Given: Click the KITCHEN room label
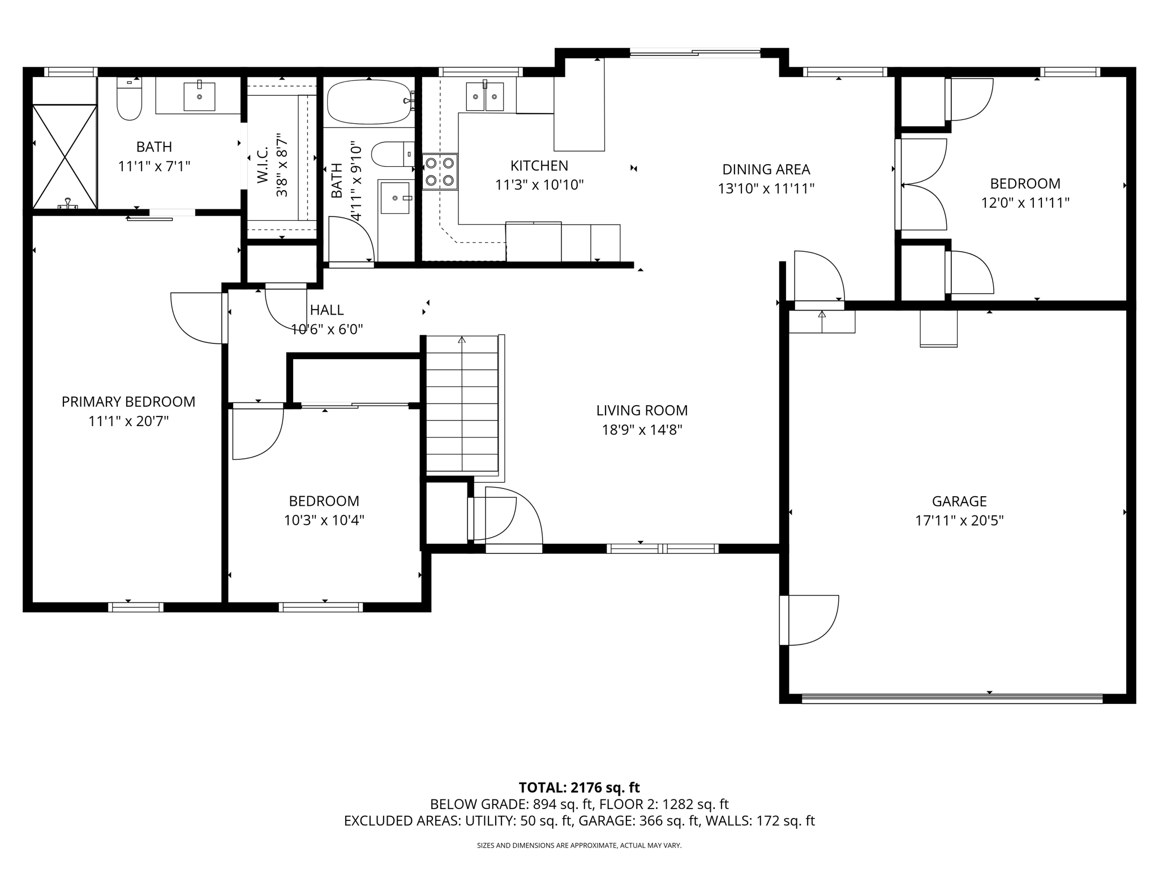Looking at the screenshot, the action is coord(539,166).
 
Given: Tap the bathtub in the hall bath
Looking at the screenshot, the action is coord(370,101).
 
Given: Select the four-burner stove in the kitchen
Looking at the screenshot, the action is coord(440,171).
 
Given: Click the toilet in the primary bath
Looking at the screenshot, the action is coord(129,100).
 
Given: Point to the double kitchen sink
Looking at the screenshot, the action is coord(485,97).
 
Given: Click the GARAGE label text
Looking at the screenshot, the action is coord(959,501).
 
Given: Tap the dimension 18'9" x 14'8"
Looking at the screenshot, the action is coord(642,430).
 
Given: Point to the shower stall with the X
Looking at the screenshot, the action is coord(65,156).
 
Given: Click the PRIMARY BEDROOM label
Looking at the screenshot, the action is coord(128,402).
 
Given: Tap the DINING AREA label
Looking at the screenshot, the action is coord(766,169).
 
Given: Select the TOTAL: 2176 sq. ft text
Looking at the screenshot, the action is coord(579,788).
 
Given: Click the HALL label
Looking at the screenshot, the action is coord(327,310).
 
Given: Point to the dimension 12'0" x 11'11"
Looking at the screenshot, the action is coord(1025,203).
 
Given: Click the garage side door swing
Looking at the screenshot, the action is coord(809,620).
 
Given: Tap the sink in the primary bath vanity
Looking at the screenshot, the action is coord(199,96).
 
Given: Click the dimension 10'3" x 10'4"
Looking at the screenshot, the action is coord(324,520).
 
